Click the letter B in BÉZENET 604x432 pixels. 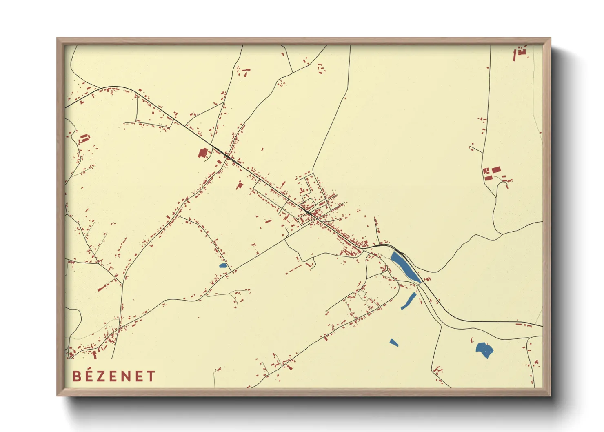point(76,376)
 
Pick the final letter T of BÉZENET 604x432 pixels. point(151,376)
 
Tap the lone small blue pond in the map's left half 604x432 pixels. point(223,266)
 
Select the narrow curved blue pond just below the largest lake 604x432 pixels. point(409,301)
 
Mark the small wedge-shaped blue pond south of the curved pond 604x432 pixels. point(393,343)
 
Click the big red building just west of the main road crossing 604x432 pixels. point(202,153)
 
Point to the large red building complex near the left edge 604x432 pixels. point(84,138)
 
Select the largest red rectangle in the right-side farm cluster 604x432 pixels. point(496,169)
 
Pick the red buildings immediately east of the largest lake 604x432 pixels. point(428,280)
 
